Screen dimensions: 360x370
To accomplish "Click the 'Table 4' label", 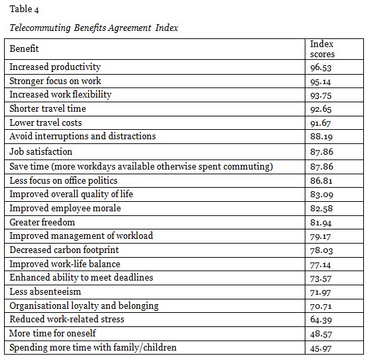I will pyautogui.click(x=20, y=9).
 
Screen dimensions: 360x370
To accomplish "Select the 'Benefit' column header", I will pyautogui.click(x=24, y=48).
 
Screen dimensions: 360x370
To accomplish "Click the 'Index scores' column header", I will pyautogui.click(x=322, y=49).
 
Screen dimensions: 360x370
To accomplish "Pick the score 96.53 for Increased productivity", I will pyautogui.click(x=321, y=67).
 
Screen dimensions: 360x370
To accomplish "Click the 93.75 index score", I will pyautogui.click(x=321, y=95).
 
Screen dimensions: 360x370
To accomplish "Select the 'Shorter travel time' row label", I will pyautogui.click(x=48, y=108).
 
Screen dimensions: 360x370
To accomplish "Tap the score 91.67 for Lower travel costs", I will pyautogui.click(x=321, y=122).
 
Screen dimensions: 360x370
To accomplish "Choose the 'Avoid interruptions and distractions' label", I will pyautogui.click(x=82, y=136).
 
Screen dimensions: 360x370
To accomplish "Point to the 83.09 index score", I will pyautogui.click(x=321, y=195).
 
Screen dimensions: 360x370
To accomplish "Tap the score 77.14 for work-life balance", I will pyautogui.click(x=321, y=264).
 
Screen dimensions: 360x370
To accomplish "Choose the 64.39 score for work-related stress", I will pyautogui.click(x=321, y=320).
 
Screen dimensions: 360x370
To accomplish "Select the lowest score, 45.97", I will pyautogui.click(x=321, y=348).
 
